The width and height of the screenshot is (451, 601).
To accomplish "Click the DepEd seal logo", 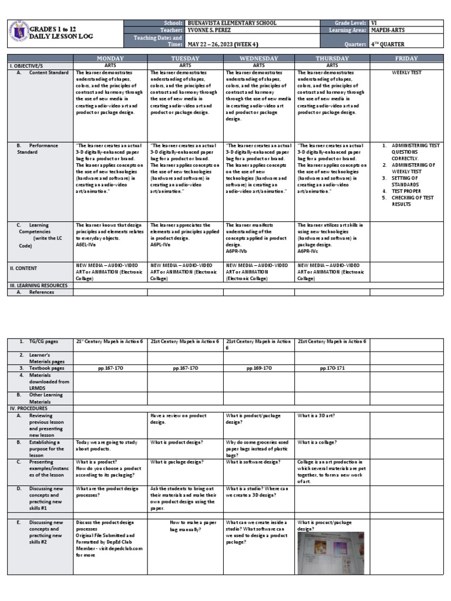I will pyautogui.click(x=20, y=33).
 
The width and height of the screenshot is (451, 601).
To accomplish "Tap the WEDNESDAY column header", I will pyautogui.click(x=258, y=59).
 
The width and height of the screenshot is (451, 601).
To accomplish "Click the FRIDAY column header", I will pyautogui.click(x=406, y=59).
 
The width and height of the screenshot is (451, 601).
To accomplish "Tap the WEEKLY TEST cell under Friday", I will pyautogui.click(x=406, y=73).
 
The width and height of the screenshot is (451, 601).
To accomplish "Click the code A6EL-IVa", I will pyautogui.click(x=87, y=245).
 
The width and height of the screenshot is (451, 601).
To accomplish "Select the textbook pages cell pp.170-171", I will pyautogui.click(x=332, y=368).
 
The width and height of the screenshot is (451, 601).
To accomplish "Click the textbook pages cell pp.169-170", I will pyautogui.click(x=258, y=368).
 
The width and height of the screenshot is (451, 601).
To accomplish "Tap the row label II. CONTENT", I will pyautogui.click(x=23, y=268).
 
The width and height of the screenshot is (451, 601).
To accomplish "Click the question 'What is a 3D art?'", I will pyautogui.click(x=316, y=416).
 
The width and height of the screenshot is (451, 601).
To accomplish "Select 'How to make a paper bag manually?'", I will pyautogui.click(x=185, y=526).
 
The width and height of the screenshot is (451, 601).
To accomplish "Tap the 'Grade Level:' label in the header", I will pyautogui.click(x=351, y=23).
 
